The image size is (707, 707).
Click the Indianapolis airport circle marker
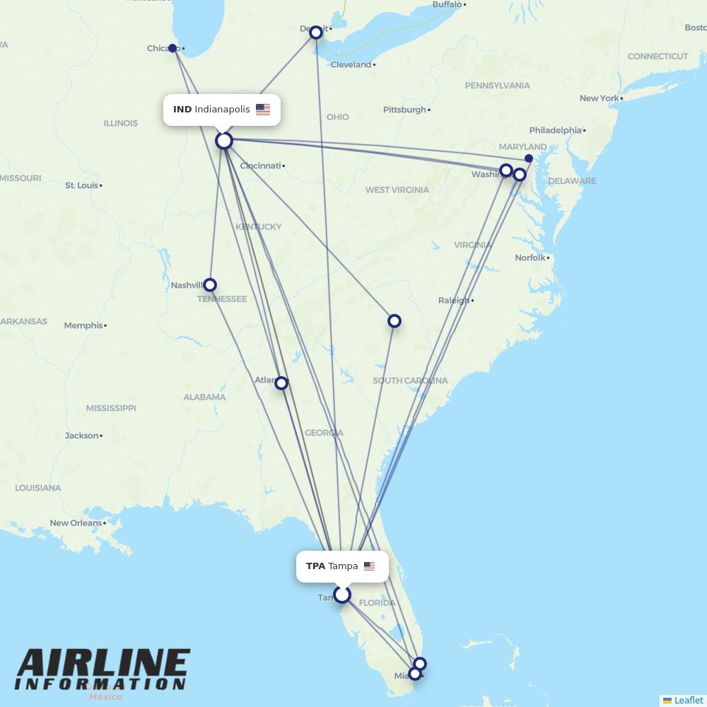point(224,141)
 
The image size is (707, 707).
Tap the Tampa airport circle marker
point(342,595)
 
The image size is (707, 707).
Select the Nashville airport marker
point(209,285)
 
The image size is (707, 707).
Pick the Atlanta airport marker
point(281,383)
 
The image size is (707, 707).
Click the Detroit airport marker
point(316,32)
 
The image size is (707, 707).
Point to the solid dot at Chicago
point(173,48)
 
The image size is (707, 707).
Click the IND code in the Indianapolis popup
point(182,110)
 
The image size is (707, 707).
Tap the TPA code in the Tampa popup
point(315,566)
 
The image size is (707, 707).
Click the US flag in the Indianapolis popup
point(263,110)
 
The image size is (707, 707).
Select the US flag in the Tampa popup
point(369,566)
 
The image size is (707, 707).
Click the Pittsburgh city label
point(404,110)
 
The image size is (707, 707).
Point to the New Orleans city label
point(76,523)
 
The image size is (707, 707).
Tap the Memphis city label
point(83,325)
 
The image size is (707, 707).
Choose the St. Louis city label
point(81,185)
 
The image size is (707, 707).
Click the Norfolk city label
point(530,257)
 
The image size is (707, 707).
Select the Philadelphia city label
point(555,130)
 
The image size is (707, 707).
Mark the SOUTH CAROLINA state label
point(410,380)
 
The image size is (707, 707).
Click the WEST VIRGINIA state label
point(397,189)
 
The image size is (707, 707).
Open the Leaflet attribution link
point(688,700)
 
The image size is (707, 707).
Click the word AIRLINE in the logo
point(103,664)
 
